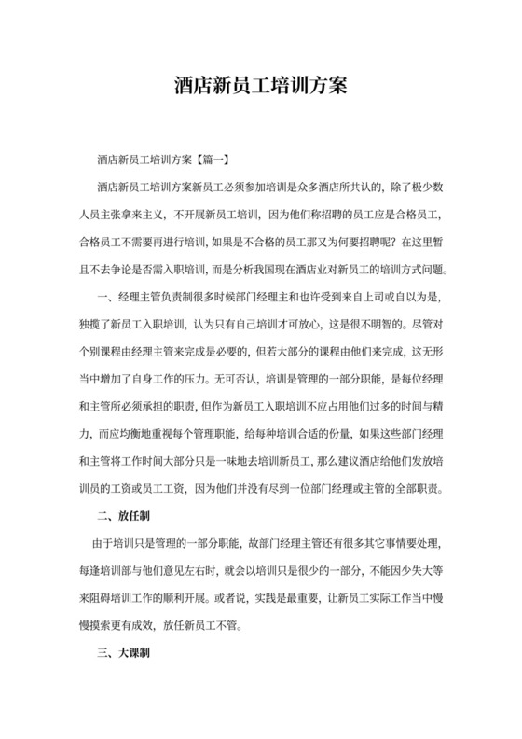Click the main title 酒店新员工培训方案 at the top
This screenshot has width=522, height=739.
pos(261,85)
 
